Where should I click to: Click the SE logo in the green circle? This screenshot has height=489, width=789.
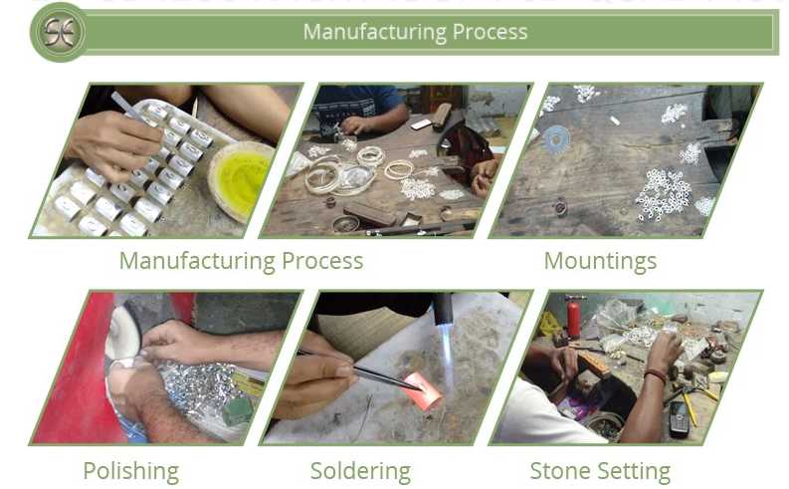coord(59,32)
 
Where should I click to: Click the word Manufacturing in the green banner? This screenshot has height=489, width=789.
coord(375,32)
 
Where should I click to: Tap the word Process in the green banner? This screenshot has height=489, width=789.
coord(491,32)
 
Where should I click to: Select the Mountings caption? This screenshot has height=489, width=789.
coord(600,262)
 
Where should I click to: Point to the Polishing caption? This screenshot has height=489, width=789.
coord(130,471)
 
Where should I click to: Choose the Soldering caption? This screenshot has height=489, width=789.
coord(360,471)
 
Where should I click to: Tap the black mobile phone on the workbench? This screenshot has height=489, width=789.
coord(680,418)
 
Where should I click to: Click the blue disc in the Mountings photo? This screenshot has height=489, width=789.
coord(556,139)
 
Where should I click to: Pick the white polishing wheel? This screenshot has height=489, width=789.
coord(122,334)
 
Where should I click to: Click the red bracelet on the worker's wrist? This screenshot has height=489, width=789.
coord(656,375)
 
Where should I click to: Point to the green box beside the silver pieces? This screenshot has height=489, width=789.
coord(237,411)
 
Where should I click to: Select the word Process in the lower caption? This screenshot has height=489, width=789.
coord(322,261)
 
